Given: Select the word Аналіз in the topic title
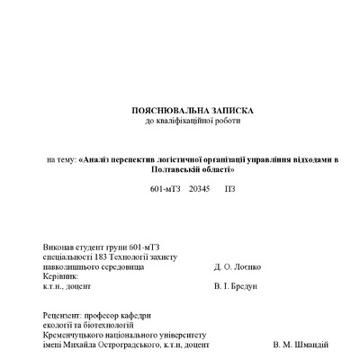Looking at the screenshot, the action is [98, 160].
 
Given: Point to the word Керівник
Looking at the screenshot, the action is [60, 276].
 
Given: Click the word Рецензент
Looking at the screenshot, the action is [61, 314].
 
